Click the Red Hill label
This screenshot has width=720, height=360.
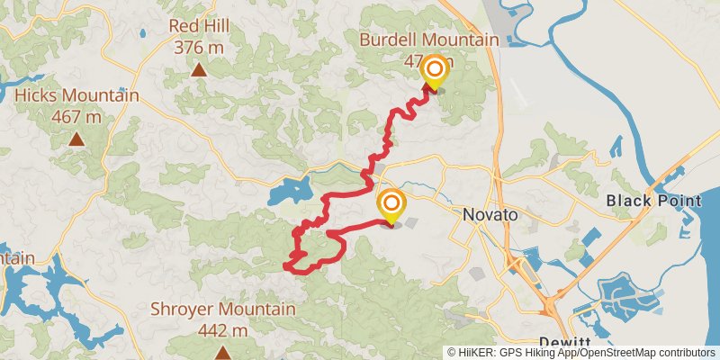click(x=198, y=26)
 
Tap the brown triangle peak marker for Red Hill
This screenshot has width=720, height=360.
click(x=198, y=69)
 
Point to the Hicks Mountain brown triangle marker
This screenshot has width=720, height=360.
click(x=77, y=139)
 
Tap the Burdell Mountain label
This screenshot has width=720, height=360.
click(x=428, y=40)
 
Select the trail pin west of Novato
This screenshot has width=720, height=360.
click(x=391, y=204)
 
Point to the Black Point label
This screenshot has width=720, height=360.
click(x=652, y=200)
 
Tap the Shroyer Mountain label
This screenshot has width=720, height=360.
click(x=221, y=310)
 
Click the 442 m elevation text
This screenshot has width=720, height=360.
click(x=222, y=330)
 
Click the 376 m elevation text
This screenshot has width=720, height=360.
click(x=198, y=47)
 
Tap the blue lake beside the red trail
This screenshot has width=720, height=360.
click(x=285, y=192)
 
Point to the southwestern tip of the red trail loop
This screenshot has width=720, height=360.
click(x=287, y=266)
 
